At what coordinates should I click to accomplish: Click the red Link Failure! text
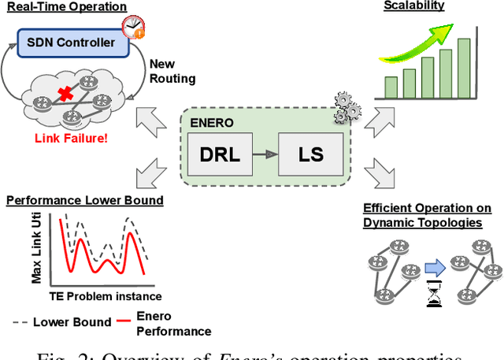[70, 139]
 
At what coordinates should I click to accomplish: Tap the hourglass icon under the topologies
[435, 297]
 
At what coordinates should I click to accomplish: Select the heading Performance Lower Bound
[85, 200]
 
